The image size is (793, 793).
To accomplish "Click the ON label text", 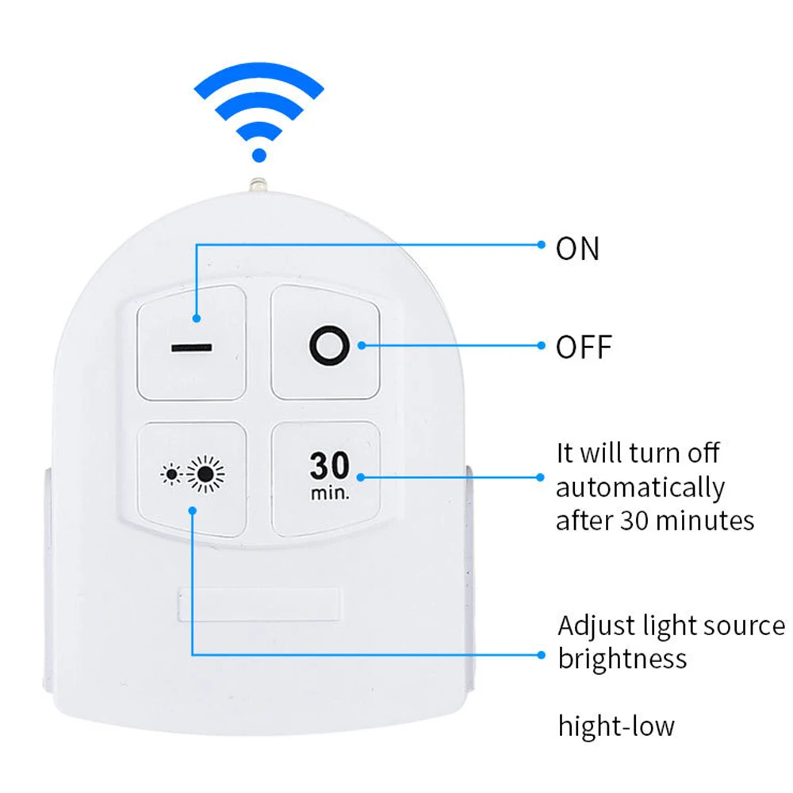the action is (577, 248).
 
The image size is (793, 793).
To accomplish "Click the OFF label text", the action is (584, 347).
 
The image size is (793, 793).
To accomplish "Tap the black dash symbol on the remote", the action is (192, 348).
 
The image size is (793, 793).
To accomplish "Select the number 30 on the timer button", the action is (330, 465).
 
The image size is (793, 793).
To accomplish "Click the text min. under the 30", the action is (330, 492).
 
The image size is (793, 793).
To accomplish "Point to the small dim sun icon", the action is (171, 474).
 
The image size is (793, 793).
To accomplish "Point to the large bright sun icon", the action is (205, 474).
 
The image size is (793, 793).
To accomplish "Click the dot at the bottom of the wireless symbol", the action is (259, 155).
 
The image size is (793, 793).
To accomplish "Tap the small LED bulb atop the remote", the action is (258, 184).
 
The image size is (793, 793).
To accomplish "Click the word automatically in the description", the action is (640, 488).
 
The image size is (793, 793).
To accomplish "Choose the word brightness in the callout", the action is (623, 658).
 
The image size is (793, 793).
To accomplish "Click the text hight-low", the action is (616, 726).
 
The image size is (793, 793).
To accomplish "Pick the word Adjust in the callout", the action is (597, 626).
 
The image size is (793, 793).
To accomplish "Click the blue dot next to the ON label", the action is (541, 245).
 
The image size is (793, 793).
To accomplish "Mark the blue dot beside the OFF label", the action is (541, 346).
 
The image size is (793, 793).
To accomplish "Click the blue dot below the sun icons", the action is (192, 511).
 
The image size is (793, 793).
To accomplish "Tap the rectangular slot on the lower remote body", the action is (259, 604).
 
